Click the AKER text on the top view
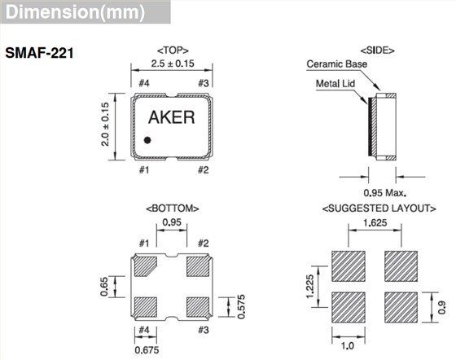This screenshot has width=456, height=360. [172, 116]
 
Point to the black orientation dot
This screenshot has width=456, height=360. [148, 140]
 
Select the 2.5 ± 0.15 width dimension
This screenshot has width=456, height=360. [172, 64]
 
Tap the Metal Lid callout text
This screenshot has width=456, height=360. [337, 83]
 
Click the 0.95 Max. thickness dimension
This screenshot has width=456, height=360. [380, 192]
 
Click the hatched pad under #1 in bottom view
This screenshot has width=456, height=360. [147, 266]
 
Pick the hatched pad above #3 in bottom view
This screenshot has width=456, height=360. [198, 306]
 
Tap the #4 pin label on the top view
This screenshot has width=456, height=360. [144, 84]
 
